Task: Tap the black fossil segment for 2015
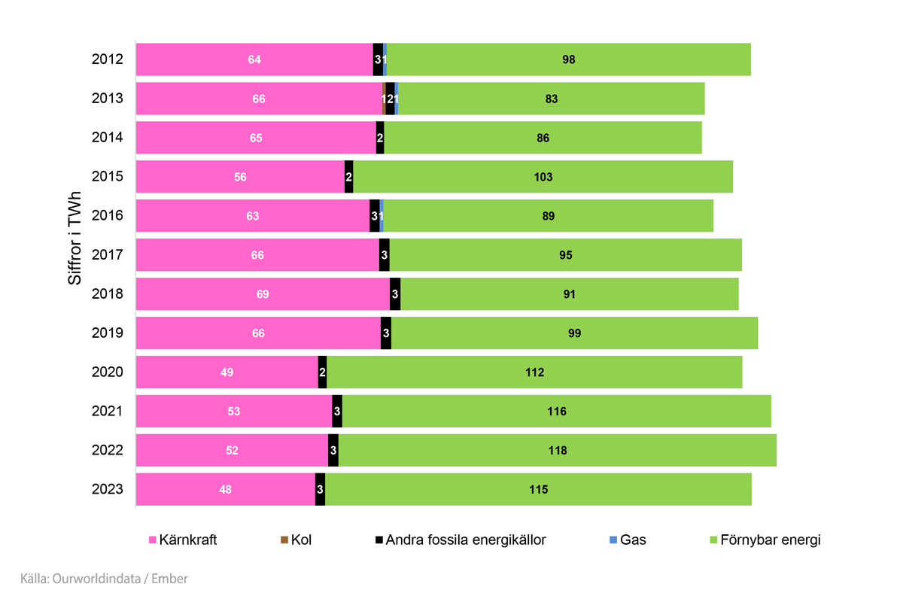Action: [x=348, y=177]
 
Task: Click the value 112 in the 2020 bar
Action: [x=535, y=372]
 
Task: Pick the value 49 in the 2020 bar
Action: [x=227, y=372]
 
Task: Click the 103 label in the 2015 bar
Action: [x=543, y=177]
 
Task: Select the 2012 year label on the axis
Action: [x=108, y=59]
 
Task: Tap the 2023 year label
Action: [x=108, y=490]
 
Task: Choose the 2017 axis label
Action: [x=108, y=255]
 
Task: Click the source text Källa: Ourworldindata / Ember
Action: [x=104, y=579]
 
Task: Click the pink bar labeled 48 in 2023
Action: [x=225, y=490]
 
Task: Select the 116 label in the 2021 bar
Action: [x=557, y=412]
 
